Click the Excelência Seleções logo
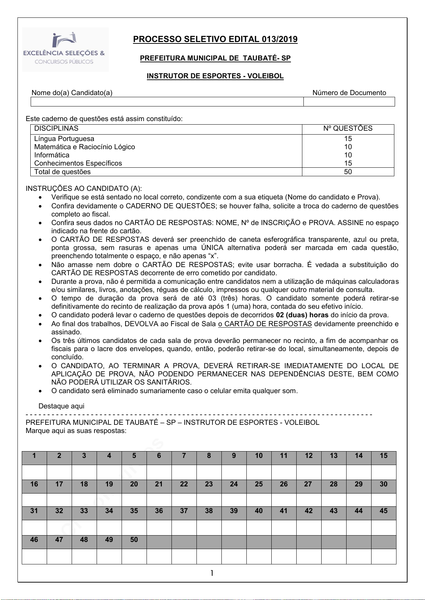tap(65, 49)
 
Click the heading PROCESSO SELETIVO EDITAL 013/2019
tap(215, 39)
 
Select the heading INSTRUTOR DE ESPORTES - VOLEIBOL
tap(215, 76)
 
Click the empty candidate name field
tap(167, 102)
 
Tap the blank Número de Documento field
tap(349, 102)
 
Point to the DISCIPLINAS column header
tap(56, 129)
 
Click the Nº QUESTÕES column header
tap(348, 129)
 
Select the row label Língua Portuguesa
tap(64, 139)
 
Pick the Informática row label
tap(52, 155)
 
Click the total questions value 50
tap(348, 172)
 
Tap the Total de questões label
tap(62, 172)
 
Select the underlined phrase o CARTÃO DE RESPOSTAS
tap(265, 324)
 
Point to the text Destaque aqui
tap(61, 406)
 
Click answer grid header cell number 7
tap(184, 456)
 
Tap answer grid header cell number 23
tap(209, 484)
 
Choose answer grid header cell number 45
tap(383, 511)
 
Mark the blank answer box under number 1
tap(34, 472)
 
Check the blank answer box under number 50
tap(134, 556)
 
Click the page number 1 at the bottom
tap(212, 573)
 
